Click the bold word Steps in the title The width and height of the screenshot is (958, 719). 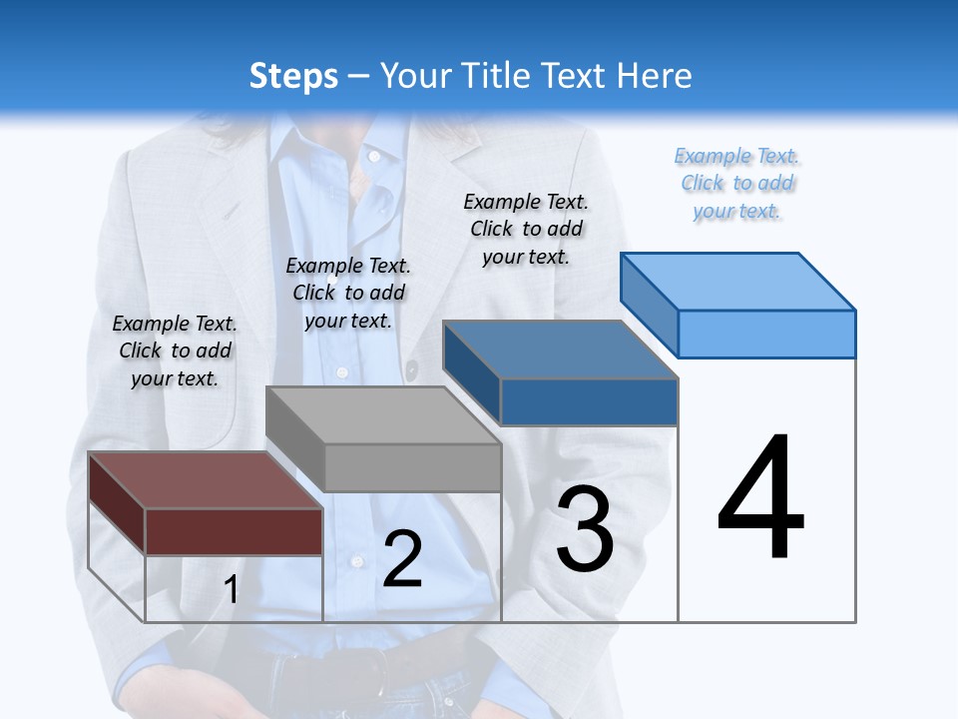(x=293, y=76)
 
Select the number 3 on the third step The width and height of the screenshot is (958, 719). (x=585, y=528)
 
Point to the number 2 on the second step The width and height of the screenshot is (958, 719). (x=402, y=559)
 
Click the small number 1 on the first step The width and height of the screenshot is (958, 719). (x=232, y=590)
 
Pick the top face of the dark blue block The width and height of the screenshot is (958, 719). (x=560, y=350)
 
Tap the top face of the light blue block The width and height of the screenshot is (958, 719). (x=738, y=282)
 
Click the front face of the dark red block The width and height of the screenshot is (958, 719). (x=234, y=531)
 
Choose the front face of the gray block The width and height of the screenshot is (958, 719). (x=412, y=467)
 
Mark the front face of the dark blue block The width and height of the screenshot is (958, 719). (x=589, y=402)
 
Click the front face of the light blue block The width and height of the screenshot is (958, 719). (x=766, y=334)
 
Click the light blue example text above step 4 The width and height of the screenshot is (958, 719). (x=737, y=183)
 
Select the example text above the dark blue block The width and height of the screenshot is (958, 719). (x=526, y=229)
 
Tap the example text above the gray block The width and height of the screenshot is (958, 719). (x=348, y=293)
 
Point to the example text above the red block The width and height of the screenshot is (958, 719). (x=175, y=351)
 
